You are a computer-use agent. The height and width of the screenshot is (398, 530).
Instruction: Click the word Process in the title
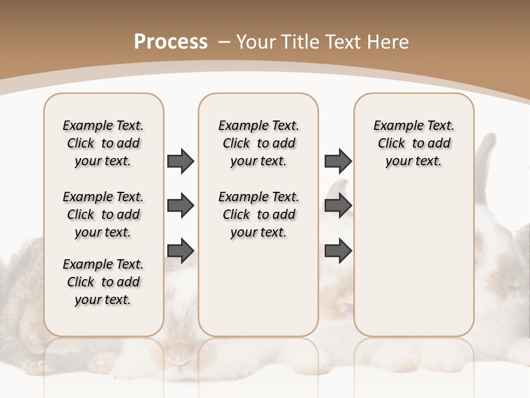coord(171,42)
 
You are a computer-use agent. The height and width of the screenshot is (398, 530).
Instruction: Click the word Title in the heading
coord(302,42)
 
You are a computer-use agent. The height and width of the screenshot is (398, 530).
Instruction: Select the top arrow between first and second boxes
coord(181,161)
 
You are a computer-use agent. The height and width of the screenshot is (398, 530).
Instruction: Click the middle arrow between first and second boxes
coord(181,206)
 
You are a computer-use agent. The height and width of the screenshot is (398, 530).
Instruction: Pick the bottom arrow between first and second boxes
coord(181,250)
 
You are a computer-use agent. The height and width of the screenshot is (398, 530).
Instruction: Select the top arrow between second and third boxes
coord(338,161)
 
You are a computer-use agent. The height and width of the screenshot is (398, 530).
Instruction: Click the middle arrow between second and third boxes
coord(338,206)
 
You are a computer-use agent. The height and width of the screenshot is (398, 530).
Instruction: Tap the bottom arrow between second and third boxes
coord(338,250)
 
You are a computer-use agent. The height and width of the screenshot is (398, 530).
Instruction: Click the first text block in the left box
coord(103,143)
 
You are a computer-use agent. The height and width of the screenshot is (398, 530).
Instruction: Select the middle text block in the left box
coord(103,214)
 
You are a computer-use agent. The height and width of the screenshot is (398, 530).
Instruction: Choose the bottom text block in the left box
coord(103,282)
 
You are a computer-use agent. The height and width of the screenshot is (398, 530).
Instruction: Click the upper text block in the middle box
coord(258,143)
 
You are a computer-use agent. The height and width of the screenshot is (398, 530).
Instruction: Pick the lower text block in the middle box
coord(258,214)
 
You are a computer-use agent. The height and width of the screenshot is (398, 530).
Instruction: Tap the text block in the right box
coord(414,143)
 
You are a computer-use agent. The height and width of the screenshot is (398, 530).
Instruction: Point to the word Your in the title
coord(256,42)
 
